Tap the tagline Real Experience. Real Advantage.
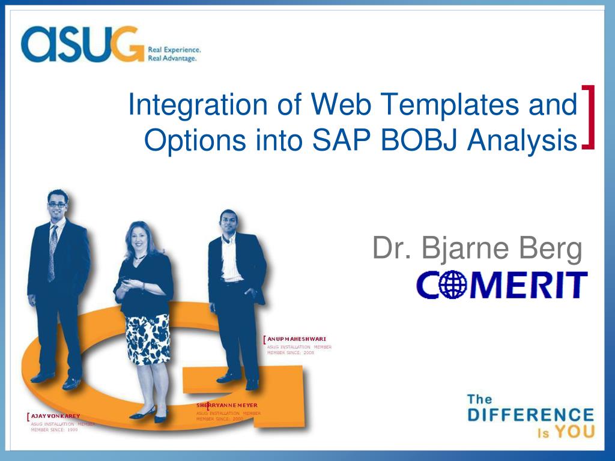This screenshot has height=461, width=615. tap(174, 54)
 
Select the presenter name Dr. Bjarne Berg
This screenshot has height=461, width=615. tap(477, 249)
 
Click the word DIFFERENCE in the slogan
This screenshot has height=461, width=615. tap(530, 415)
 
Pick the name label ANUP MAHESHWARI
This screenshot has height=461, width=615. tap(297, 339)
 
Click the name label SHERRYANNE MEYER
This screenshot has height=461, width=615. tap(226, 405)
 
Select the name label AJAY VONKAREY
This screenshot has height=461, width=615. tap(55, 415)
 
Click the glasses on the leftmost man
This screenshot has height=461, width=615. tap(57, 205)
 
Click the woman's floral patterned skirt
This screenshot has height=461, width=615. tap(147, 339)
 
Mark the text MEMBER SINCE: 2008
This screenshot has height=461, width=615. tap(291, 353)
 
